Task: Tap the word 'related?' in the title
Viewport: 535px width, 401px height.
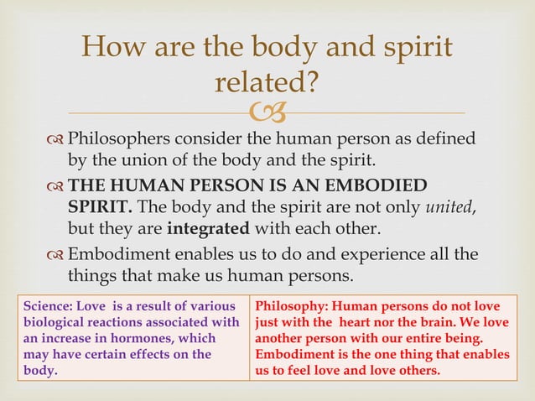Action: coord(267,82)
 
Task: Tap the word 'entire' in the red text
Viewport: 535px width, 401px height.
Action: coord(440,337)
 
